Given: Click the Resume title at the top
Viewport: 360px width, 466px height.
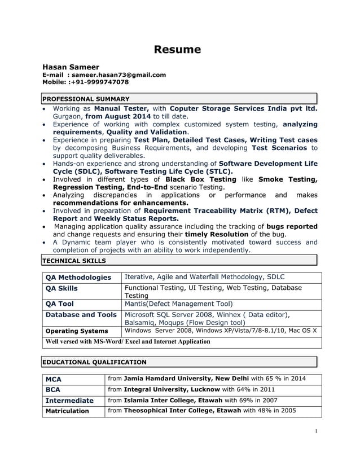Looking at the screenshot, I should point(178,50).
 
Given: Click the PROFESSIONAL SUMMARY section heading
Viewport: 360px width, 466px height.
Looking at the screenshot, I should point(86,99).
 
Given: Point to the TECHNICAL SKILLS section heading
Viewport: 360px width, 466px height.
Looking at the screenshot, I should point(74,261).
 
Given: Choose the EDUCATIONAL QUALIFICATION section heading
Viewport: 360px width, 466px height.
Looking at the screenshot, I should point(95,362).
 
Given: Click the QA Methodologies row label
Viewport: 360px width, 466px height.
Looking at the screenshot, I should point(78,277).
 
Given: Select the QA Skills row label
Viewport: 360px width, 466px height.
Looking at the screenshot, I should point(62,288).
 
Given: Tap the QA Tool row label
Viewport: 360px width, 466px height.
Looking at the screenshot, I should point(59,303).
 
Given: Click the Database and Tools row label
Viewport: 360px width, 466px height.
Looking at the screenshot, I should point(81,314).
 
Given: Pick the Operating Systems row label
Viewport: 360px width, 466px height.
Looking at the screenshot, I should point(76,331).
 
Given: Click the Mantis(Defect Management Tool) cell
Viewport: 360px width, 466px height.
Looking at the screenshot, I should point(178,303).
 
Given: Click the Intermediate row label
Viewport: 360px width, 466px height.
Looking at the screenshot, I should point(69,400).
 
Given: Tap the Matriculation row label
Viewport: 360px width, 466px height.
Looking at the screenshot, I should point(67,411).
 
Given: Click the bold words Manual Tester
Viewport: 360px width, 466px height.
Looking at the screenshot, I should point(121,108).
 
